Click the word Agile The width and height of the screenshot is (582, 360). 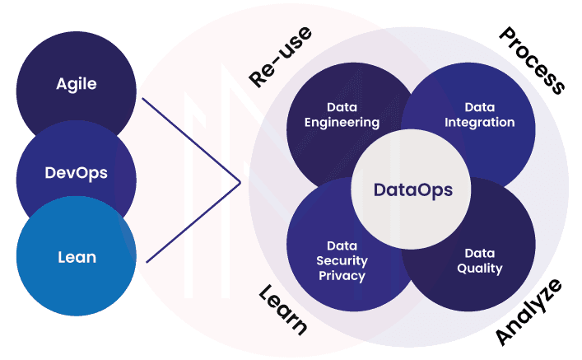click(77, 84)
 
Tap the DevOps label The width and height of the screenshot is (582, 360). click(76, 173)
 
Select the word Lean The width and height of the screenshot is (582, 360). click(77, 257)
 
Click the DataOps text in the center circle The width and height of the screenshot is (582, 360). click(412, 190)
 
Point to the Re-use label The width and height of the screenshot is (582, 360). click(280, 57)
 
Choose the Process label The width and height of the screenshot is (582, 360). click(532, 60)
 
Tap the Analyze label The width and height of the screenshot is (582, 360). click(528, 312)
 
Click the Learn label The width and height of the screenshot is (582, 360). click(283, 311)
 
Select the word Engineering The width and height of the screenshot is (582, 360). click(342, 123)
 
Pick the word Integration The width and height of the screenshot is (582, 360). click(480, 122)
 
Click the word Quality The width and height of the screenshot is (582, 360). click(480, 269)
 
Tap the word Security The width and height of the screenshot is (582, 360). click(342, 261)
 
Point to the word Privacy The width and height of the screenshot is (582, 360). click(342, 276)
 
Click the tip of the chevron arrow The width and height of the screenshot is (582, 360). click(240, 182)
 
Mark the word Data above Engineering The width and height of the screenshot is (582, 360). click(342, 107)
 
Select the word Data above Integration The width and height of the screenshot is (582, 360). click(480, 107)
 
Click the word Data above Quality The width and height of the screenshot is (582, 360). click(480, 253)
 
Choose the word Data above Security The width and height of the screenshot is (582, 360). click(342, 245)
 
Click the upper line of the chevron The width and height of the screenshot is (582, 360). click(191, 140)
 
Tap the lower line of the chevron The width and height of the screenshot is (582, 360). click(193, 222)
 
